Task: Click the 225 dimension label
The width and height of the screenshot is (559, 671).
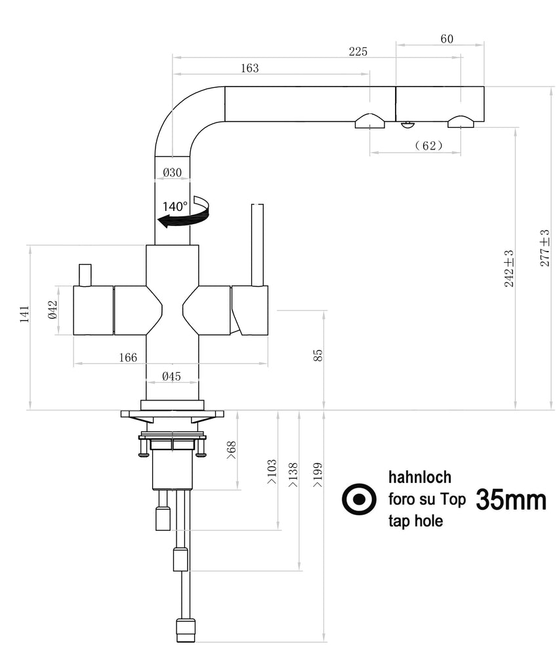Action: coord(358,52)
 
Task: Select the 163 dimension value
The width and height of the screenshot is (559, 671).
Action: coord(249,68)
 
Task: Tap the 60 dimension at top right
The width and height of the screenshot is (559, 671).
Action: coord(446,39)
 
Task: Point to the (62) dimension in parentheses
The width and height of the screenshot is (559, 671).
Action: coord(428,145)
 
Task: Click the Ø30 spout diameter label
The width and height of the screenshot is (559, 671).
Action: coord(172,172)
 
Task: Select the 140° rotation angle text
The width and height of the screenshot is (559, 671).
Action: coord(175,206)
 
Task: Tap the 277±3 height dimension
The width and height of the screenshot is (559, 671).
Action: coord(544,247)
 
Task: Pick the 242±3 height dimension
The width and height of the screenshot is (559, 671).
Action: coord(509,269)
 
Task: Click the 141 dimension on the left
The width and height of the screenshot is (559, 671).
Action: coord(24,315)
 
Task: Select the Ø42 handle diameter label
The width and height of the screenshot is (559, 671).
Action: coord(54,309)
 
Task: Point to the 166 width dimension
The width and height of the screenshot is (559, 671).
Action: coord(128,357)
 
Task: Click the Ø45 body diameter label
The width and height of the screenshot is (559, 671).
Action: coord(171,376)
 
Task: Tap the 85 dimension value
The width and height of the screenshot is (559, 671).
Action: coord(318,355)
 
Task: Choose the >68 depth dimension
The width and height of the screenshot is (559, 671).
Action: coord(231,450)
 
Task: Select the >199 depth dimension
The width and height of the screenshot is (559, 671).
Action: coord(318,475)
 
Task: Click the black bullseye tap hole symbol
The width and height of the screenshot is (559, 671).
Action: coord(360,500)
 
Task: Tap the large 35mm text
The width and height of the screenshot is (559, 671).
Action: coord(510,500)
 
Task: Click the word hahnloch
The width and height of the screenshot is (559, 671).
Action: coord(420,477)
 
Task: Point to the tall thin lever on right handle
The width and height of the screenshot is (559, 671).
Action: coord(257,244)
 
